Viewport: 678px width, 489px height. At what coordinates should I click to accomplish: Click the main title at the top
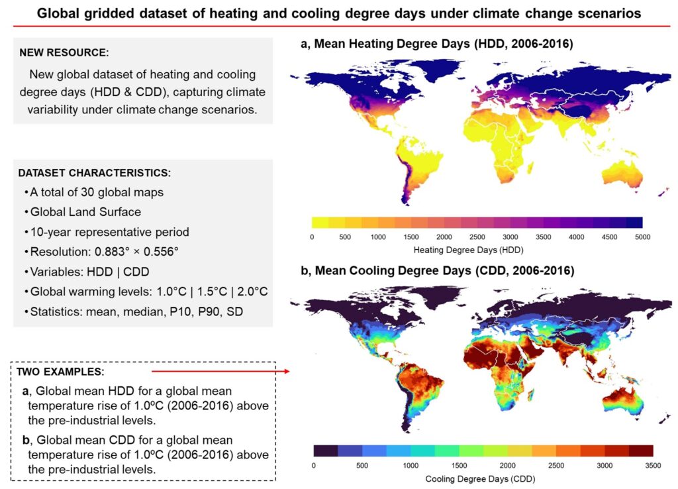(x=338, y=13)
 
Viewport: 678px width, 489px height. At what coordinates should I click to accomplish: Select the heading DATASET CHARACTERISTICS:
(x=94, y=173)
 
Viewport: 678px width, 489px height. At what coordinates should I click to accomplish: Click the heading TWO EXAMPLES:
(x=60, y=371)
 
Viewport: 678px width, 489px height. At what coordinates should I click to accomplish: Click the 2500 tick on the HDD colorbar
(x=477, y=237)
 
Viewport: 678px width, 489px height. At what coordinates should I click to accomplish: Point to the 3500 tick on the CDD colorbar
(x=653, y=465)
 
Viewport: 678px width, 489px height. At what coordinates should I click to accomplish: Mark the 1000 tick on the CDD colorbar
(x=411, y=465)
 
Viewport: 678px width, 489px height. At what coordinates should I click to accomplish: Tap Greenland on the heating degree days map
(x=424, y=72)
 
